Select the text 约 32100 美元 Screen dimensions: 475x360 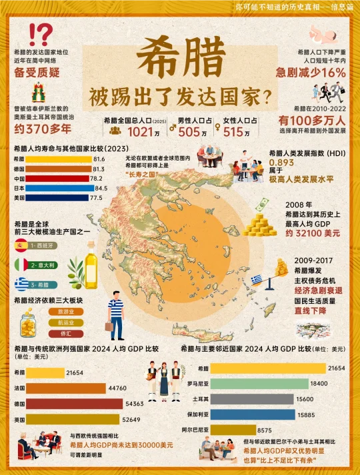(x=312, y=234)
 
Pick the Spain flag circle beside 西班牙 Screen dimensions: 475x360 (x=21, y=245)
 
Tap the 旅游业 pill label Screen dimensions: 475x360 (x=65, y=311)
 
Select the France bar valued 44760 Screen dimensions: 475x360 (x=61, y=388)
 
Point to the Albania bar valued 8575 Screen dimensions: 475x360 (x=233, y=430)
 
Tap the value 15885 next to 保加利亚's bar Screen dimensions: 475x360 (x=325, y=414)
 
